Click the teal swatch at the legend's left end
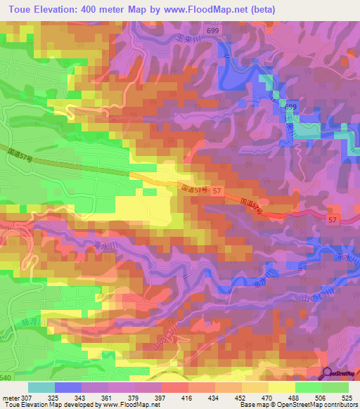41,387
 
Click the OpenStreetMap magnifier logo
328,375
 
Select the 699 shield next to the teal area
290,106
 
